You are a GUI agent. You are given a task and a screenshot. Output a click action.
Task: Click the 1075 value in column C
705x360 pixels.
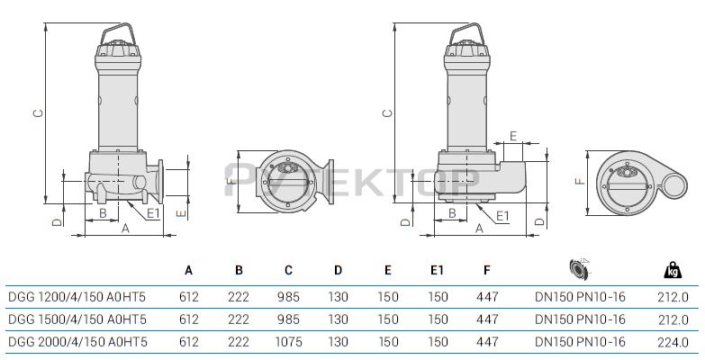point(289,342)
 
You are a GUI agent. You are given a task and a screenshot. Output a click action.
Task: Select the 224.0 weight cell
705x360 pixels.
point(673,343)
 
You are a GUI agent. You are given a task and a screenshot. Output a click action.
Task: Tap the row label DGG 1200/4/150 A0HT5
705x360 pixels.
point(77,297)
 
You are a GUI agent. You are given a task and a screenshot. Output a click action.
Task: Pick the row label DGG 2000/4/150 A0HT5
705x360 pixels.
point(77,342)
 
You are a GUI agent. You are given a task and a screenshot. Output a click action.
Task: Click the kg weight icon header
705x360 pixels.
point(673,270)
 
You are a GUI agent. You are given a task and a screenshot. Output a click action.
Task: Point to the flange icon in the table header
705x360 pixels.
point(580,268)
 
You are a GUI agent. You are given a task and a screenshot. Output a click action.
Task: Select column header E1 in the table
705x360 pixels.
point(437,270)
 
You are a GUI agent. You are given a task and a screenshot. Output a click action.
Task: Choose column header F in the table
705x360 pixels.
point(487,270)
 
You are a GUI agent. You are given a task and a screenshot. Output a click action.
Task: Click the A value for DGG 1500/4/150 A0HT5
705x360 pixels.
point(189,319)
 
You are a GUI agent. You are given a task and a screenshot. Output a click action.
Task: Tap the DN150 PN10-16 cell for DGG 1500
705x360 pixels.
point(580,319)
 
